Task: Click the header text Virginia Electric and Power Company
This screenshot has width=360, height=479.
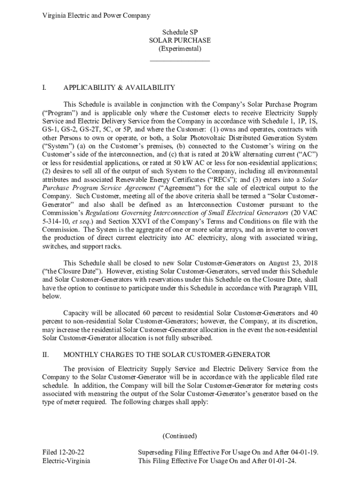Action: (96, 15)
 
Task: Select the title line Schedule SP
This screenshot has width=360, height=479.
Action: (180, 32)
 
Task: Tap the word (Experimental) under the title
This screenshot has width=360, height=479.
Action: (180, 49)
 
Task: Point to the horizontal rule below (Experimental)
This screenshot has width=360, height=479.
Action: (180, 61)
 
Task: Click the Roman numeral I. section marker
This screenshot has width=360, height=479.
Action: (44, 87)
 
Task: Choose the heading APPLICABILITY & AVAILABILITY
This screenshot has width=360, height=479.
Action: (119, 87)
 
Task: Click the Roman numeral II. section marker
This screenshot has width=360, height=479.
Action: (45, 355)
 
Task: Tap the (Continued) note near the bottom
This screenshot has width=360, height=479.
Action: (180, 436)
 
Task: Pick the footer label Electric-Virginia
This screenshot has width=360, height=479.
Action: (66, 461)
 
